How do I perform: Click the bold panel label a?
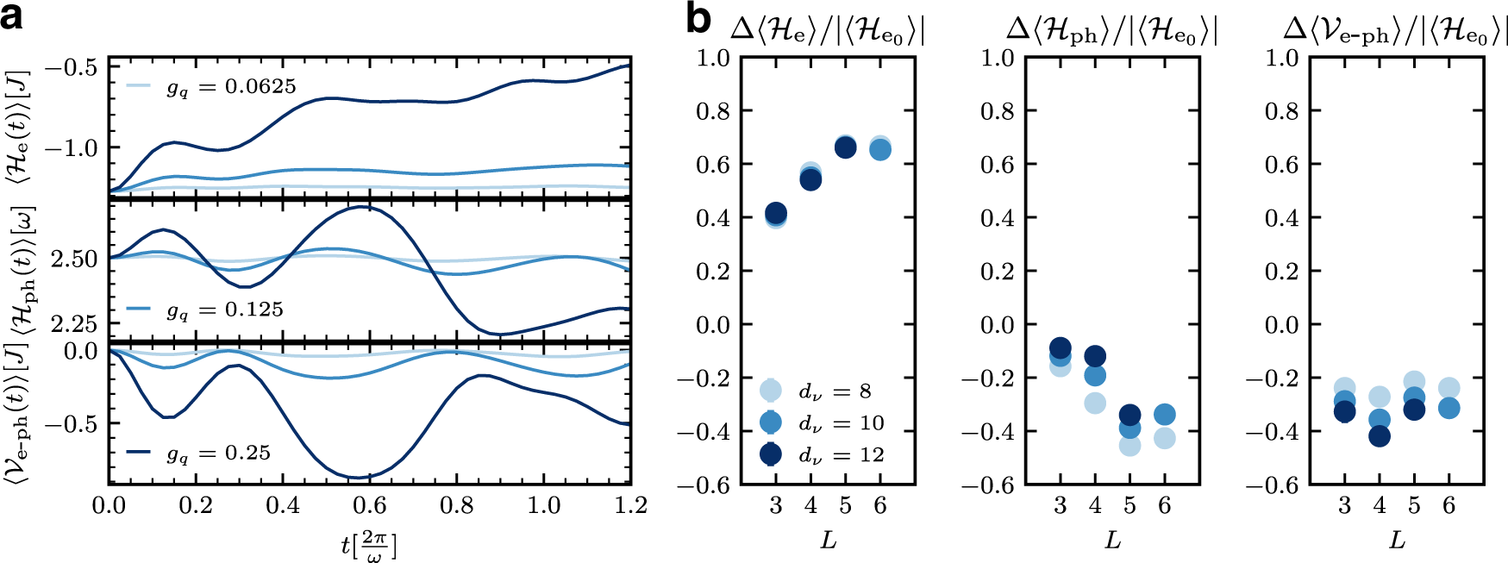click(x=12, y=17)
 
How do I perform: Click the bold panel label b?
click(x=698, y=19)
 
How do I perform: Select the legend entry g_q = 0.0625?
click(x=230, y=86)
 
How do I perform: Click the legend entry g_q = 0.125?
click(x=224, y=310)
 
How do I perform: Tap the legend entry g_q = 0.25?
click(x=218, y=453)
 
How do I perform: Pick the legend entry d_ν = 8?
click(x=834, y=391)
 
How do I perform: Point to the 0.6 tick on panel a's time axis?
click(x=370, y=505)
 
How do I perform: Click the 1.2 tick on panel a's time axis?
click(x=631, y=505)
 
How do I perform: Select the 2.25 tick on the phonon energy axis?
click(x=74, y=324)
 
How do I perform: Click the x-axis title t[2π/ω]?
click(x=369, y=546)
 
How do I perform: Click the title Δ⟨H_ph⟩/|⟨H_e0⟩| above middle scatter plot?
click(x=1111, y=31)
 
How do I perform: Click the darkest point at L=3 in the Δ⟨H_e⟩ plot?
click(x=776, y=213)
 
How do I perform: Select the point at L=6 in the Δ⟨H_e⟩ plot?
click(x=880, y=149)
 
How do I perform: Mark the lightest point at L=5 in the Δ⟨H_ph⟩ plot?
click(x=1129, y=446)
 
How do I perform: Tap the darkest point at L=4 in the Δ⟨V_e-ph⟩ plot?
click(x=1380, y=436)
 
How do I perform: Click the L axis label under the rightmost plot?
click(x=1397, y=541)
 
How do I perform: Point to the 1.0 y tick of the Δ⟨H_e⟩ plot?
click(x=713, y=58)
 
